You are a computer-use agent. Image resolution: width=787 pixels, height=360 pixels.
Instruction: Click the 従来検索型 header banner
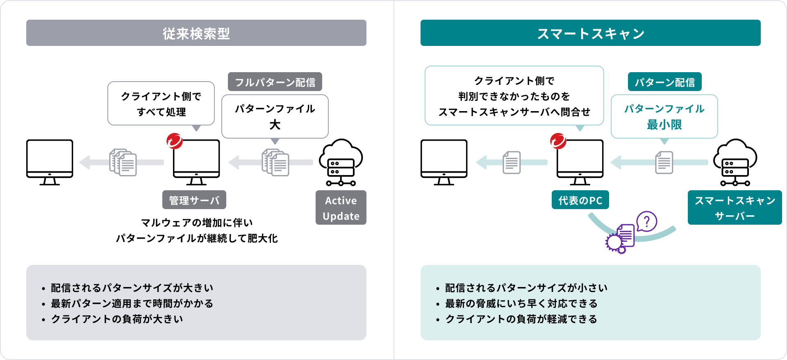pos(196,33)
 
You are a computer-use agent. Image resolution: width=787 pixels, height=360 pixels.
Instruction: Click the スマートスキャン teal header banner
pos(590,33)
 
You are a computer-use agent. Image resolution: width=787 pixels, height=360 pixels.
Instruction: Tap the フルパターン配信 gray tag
pos(275,82)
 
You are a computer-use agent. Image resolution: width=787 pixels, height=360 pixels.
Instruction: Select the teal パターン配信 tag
pos(664,82)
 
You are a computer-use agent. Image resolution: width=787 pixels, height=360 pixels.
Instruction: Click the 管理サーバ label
pos(194,200)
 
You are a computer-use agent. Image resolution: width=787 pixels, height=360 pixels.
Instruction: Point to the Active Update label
pos(341,208)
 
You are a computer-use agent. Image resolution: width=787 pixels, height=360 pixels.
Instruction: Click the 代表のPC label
pos(580,200)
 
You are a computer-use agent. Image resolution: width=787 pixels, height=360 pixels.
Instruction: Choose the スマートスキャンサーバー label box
pos(735,208)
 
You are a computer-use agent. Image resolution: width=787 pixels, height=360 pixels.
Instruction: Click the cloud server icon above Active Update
pos(341,162)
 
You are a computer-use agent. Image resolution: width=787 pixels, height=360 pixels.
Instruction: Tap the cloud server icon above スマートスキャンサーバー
pos(735,162)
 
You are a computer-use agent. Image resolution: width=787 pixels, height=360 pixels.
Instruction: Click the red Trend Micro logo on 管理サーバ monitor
pos(174,141)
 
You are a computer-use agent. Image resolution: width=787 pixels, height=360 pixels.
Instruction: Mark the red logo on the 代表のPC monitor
pos(558,141)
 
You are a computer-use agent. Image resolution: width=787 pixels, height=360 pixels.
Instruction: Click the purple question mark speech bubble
pos(647,222)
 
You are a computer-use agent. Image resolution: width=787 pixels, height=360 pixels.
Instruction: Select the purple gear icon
pos(614,243)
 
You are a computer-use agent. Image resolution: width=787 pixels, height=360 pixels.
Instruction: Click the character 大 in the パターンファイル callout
pos(275,124)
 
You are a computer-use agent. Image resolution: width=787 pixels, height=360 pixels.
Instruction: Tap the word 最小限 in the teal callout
pos(664,124)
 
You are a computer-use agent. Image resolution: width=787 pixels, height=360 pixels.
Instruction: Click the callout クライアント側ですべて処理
pos(161,104)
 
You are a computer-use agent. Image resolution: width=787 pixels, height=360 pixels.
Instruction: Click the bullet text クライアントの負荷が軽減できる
pos(521,319)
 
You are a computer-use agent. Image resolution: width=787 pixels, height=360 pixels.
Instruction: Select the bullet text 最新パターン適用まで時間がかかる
pos(132,303)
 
